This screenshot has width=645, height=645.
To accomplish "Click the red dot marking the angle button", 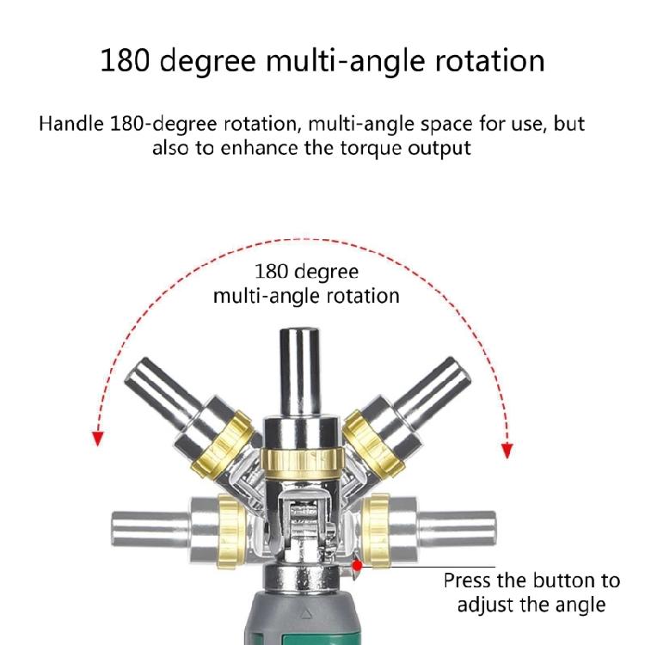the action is [x=357, y=565].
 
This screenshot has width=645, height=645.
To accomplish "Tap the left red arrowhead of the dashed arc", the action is [x=97, y=439].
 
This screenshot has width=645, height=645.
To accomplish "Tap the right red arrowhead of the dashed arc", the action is [x=507, y=451].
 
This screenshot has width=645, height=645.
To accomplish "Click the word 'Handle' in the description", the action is [x=71, y=123].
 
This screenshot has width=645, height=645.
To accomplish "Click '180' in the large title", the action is [x=125, y=61].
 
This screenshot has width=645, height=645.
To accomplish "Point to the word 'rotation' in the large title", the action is [x=490, y=61].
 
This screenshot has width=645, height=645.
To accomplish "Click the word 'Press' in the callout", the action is [x=467, y=580].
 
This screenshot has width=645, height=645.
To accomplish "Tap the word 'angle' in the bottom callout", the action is [x=580, y=605].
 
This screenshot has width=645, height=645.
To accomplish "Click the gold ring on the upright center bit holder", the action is [x=302, y=463].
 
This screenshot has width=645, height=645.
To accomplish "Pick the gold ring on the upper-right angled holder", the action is [x=373, y=445].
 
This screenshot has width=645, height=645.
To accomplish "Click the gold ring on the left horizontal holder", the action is [x=231, y=531].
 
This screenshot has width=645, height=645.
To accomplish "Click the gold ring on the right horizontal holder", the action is [x=375, y=531].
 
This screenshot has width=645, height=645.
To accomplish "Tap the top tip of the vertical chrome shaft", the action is [x=299, y=329].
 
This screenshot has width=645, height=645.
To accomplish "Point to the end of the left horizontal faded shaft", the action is [x=114, y=529].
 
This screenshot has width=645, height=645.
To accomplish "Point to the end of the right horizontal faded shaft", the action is [x=494, y=529].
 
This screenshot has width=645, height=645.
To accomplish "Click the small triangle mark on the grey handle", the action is [x=304, y=615].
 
